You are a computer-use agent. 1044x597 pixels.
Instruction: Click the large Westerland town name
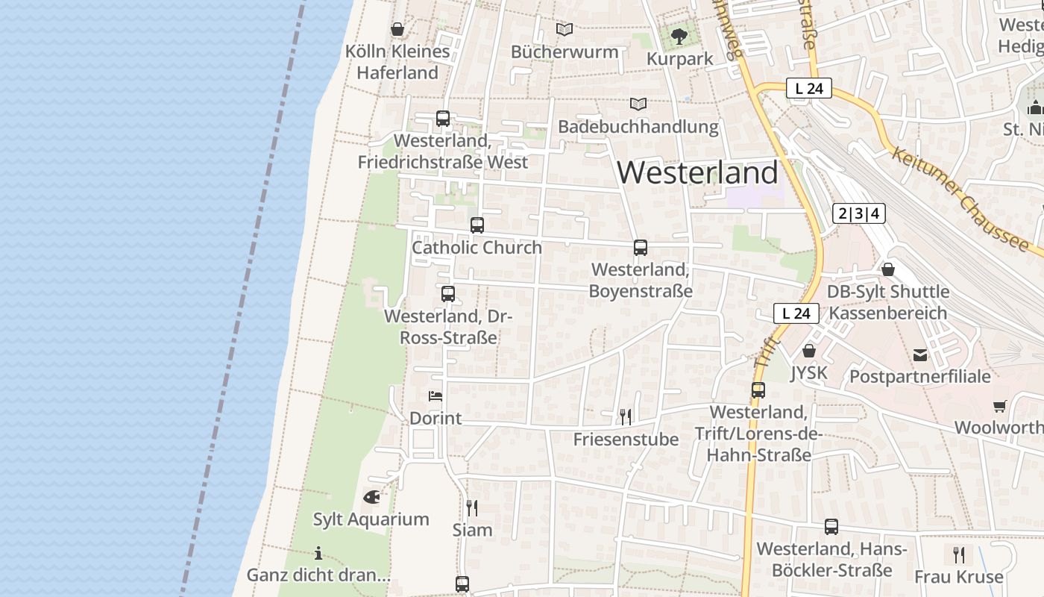tap(697, 172)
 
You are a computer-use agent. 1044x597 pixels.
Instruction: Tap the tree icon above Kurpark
tap(679, 36)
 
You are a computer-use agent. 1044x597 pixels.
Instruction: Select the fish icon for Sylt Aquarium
tap(371, 496)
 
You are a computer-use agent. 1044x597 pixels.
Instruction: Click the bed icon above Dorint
tap(435, 396)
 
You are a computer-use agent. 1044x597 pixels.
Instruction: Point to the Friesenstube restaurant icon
tap(626, 416)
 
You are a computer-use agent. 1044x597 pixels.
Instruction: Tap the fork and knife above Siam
tap(472, 507)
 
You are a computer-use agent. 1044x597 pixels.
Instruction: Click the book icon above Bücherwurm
tap(565, 29)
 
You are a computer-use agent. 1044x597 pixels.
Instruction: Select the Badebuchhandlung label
tap(638, 127)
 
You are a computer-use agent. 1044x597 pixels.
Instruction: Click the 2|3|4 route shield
tap(858, 214)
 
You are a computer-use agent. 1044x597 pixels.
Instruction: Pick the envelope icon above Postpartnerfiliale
tap(920, 354)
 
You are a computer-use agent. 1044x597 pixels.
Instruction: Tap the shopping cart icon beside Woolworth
tap(1000, 406)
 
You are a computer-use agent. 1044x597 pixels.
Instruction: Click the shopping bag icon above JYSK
tap(809, 350)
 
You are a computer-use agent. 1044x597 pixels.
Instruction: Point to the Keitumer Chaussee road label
tap(960, 199)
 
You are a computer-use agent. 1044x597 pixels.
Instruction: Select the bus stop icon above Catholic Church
tap(477, 225)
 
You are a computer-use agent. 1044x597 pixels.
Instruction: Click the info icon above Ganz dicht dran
tap(318, 553)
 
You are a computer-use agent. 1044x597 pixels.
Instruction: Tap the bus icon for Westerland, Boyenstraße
tap(640, 248)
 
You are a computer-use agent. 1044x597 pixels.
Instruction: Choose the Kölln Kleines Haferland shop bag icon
tap(397, 29)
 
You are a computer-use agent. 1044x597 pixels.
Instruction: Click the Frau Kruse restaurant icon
tap(959, 554)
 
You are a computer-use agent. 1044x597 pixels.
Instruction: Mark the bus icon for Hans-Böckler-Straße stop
tap(831, 527)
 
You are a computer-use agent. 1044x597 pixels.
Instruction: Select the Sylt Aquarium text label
tap(371, 519)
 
